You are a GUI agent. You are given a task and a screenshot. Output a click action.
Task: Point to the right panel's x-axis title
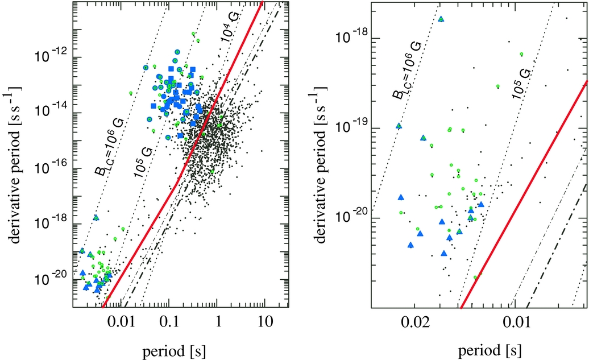click(490, 350)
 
